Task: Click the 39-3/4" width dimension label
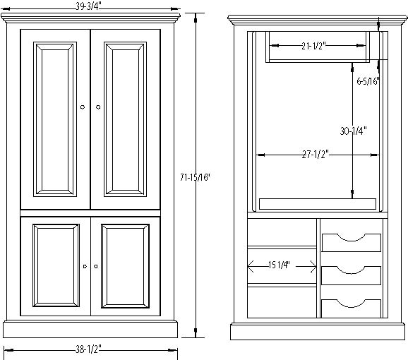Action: [x=88, y=6]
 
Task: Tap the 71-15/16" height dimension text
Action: [x=195, y=177]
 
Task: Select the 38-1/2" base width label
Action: [x=88, y=349]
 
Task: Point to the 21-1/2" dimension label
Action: [x=313, y=46]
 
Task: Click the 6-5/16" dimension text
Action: [x=368, y=81]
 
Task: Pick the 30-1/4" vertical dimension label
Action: [x=354, y=131]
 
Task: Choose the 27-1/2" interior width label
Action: [x=316, y=155]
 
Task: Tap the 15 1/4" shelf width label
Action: [x=279, y=265]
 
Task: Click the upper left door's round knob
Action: [x=83, y=107]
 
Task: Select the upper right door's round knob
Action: [x=98, y=107]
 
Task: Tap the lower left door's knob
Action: [x=85, y=266]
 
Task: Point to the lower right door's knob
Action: [x=96, y=266]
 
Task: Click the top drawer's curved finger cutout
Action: [x=352, y=239]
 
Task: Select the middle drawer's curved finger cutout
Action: [x=352, y=272]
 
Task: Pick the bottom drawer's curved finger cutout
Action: [x=352, y=305]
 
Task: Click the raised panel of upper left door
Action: [x=55, y=119]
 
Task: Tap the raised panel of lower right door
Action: [x=125, y=266]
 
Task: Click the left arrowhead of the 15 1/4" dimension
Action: [x=250, y=267]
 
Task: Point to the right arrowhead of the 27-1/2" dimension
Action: [x=375, y=155]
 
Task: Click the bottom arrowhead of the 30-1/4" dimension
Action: [x=352, y=194]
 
